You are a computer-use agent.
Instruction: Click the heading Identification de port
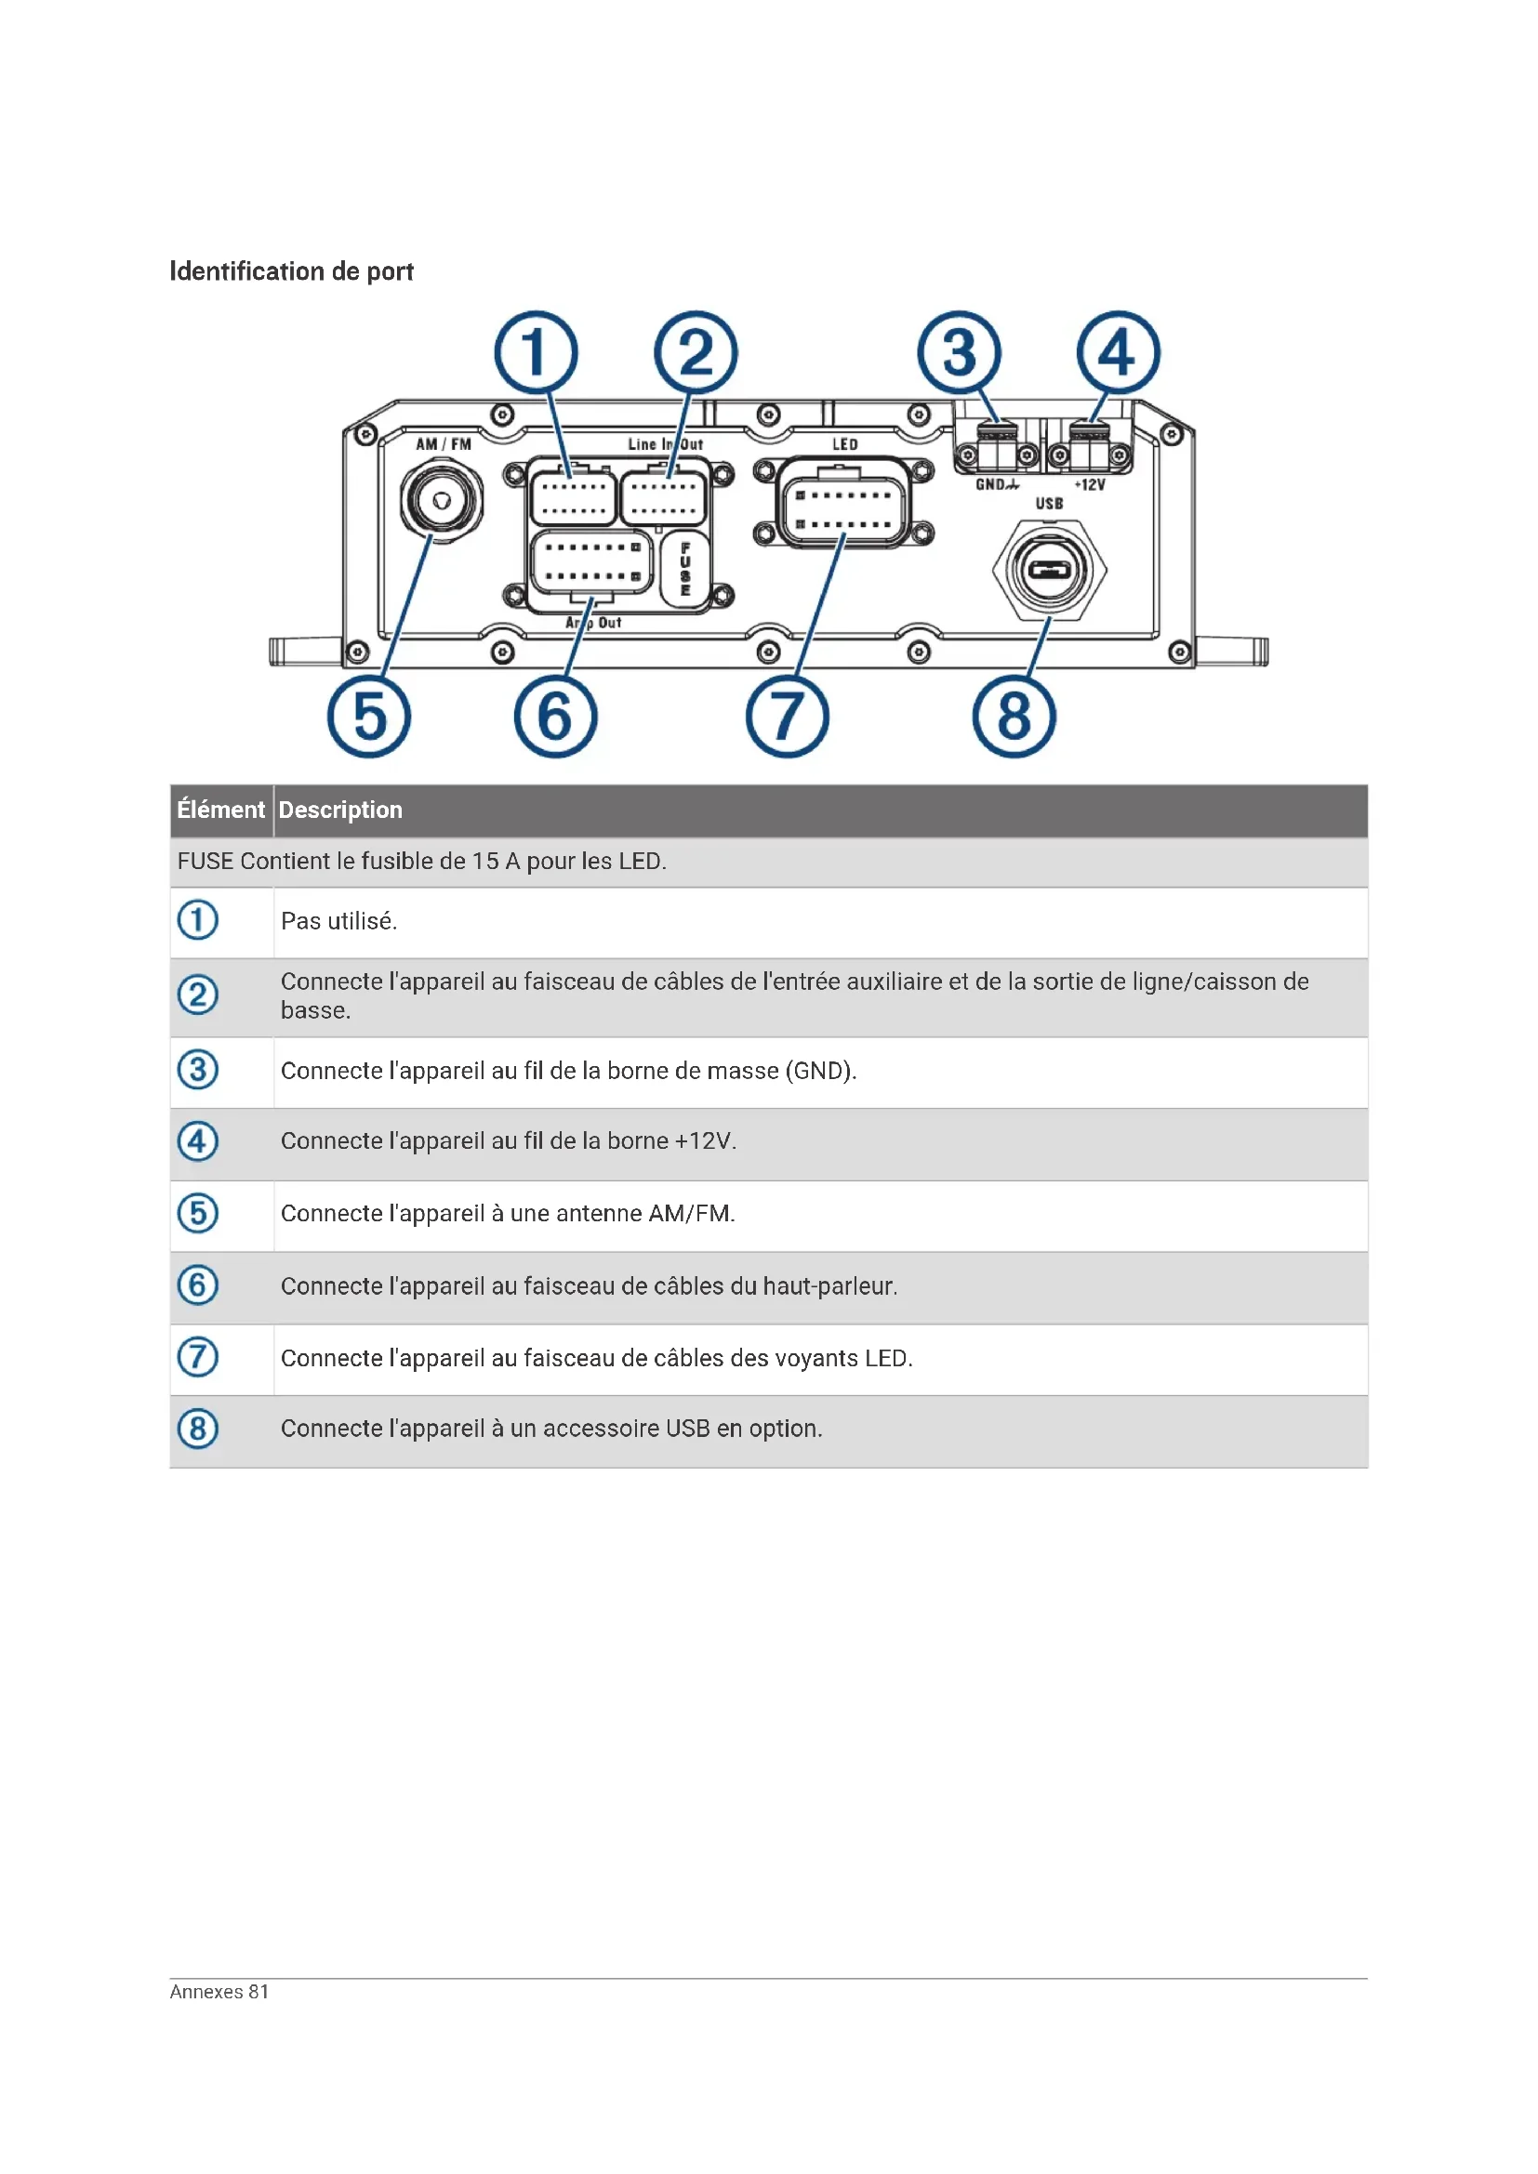point(291,271)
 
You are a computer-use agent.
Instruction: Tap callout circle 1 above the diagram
point(535,352)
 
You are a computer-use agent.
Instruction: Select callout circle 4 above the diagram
point(1118,352)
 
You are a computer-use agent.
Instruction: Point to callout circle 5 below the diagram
point(368,716)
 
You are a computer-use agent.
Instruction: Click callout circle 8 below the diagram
point(1014,716)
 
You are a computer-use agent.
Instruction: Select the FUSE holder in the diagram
point(684,569)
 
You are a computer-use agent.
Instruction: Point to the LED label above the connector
point(844,444)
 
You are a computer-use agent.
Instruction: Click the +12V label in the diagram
point(1089,485)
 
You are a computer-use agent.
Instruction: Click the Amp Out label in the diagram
point(594,622)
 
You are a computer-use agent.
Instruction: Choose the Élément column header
point(220,810)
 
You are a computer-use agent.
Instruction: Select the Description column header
point(340,810)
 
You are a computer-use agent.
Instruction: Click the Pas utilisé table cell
point(339,921)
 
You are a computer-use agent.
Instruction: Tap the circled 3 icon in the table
point(198,1070)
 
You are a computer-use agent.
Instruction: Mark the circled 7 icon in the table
point(198,1357)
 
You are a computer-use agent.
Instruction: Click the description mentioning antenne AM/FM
point(508,1214)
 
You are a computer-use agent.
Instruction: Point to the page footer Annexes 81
point(219,1991)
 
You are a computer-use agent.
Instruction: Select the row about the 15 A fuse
point(422,862)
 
